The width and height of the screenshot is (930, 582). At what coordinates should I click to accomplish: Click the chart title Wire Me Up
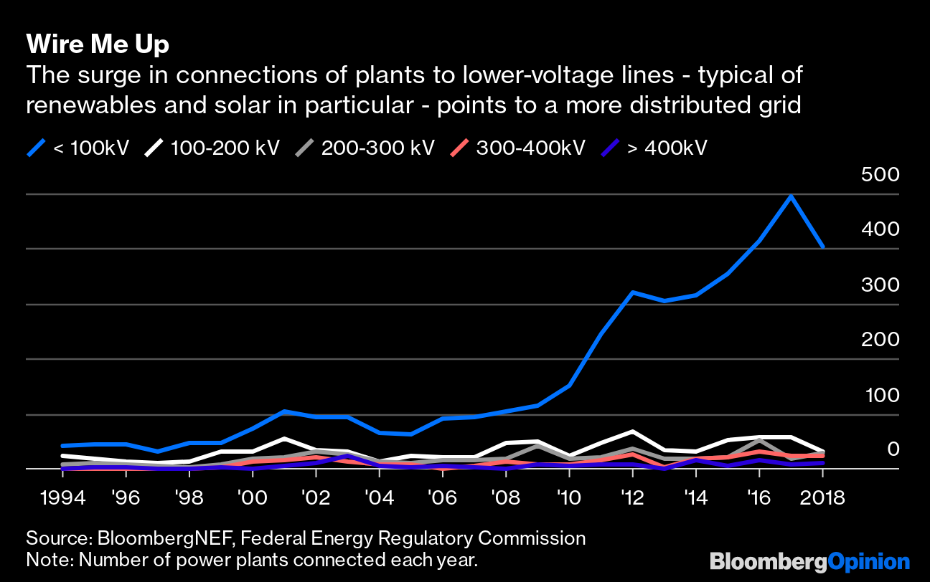pyautogui.click(x=98, y=44)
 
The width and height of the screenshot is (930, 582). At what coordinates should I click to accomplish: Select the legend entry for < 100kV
pyautogui.click(x=79, y=148)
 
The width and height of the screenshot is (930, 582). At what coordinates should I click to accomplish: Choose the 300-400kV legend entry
pyautogui.click(x=517, y=148)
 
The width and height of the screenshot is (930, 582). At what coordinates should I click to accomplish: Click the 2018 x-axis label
pyautogui.click(x=822, y=497)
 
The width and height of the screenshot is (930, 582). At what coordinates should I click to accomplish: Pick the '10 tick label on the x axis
pyautogui.click(x=569, y=497)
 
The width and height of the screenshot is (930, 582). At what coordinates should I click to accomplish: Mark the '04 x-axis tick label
pyautogui.click(x=379, y=497)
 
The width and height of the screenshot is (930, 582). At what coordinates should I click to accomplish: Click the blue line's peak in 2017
pyautogui.click(x=791, y=196)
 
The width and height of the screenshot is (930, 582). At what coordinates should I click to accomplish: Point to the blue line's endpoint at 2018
pyautogui.click(x=822, y=247)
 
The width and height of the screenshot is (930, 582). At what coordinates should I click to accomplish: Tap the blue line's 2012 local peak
pyautogui.click(x=632, y=292)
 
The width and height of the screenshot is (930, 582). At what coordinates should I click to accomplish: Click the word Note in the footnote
pyautogui.click(x=44, y=559)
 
